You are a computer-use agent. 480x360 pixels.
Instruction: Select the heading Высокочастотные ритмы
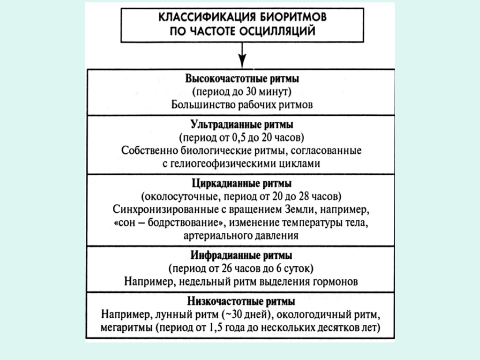point(242,78)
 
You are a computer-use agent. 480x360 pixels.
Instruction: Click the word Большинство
point(201,104)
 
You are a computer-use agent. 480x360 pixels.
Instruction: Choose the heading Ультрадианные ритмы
point(242,126)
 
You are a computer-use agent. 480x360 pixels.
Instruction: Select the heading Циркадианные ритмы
point(242,182)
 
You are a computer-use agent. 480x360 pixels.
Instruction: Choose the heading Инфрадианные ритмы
point(242,256)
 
